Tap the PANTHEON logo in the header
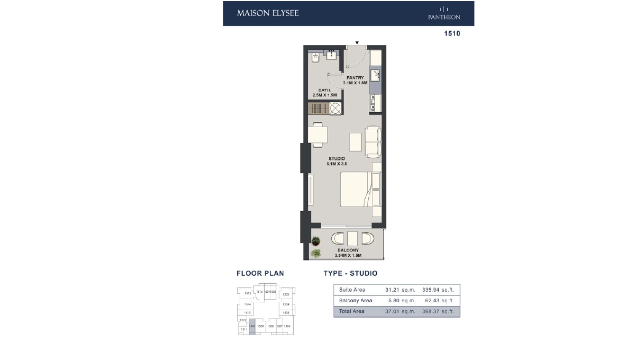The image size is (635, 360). click(444, 14)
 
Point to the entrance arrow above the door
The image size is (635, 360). click(357, 42)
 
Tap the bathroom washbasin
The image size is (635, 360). click(332, 55)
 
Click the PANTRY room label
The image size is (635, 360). click(355, 78)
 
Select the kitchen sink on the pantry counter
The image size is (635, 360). click(376, 75)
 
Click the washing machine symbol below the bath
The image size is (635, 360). click(335, 109)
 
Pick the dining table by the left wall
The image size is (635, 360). click(318, 135)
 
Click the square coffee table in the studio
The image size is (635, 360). click(356, 142)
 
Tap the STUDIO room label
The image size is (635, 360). click(337, 159)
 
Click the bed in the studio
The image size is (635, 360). click(356, 190)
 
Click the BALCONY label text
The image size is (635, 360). click(348, 250)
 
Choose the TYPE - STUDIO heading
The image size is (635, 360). click(350, 274)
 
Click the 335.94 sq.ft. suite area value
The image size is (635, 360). click(438, 290)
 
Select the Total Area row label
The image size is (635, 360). click(352, 311)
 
